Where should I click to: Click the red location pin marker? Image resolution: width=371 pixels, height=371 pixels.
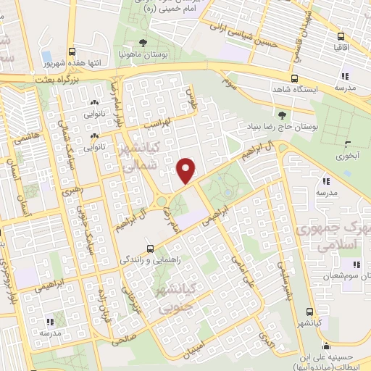(x=187, y=171)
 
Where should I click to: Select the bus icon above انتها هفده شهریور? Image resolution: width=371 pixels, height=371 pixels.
(x=71, y=51)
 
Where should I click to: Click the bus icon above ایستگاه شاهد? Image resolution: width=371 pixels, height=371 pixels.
(x=294, y=80)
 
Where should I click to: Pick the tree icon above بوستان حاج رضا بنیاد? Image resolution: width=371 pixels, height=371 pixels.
(x=283, y=113)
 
